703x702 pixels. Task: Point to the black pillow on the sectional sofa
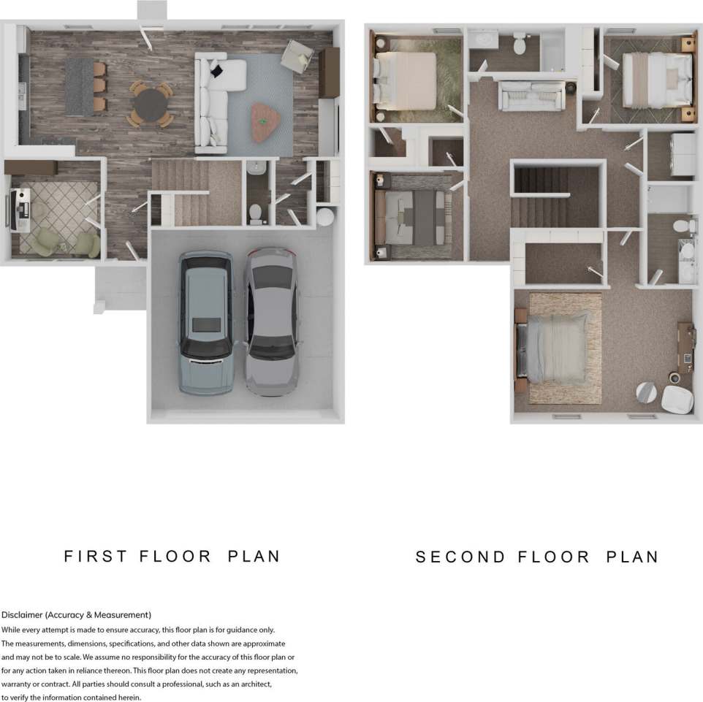coord(217,71)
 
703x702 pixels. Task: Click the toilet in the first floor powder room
coord(256,213)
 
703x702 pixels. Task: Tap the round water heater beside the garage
coord(325,216)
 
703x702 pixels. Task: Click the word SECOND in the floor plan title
coord(460,557)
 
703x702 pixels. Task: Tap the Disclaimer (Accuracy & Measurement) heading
coord(76,615)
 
